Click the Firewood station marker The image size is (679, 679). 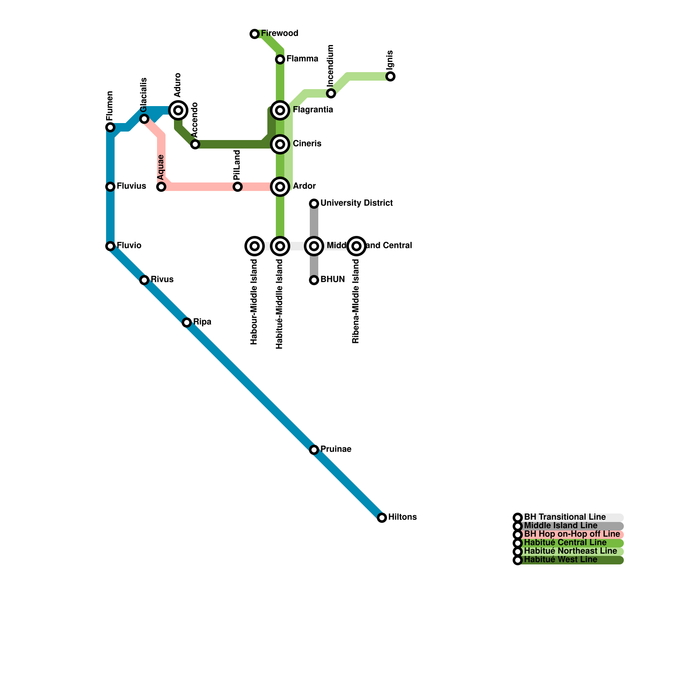pyautogui.click(x=255, y=34)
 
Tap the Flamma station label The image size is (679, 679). pyautogui.click(x=302, y=59)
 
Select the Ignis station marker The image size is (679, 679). pyautogui.click(x=390, y=76)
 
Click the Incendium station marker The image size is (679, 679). pyautogui.click(x=331, y=93)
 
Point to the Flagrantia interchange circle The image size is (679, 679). pyautogui.click(x=280, y=110)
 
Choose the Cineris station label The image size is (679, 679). pyautogui.click(x=307, y=144)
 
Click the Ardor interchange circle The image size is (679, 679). pyautogui.click(x=280, y=187)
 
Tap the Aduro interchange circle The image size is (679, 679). pyautogui.click(x=178, y=110)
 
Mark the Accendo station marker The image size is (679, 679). pyautogui.click(x=195, y=144)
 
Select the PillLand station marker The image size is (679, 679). pyautogui.click(x=238, y=187)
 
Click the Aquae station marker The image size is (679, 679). pyautogui.click(x=161, y=187)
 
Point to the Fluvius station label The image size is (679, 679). pyautogui.click(x=131, y=186)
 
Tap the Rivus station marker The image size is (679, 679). pyautogui.click(x=144, y=280)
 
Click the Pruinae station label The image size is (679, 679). pyautogui.click(x=336, y=449)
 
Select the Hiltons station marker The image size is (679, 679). pyautogui.click(x=382, y=518)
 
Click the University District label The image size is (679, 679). pyautogui.click(x=356, y=203)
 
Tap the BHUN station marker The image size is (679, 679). pyautogui.click(x=314, y=280)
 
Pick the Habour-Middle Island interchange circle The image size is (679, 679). pyautogui.click(x=255, y=246)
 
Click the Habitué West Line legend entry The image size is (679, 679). pyautogui.click(x=561, y=560)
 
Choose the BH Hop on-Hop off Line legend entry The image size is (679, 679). pyautogui.click(x=572, y=534)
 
